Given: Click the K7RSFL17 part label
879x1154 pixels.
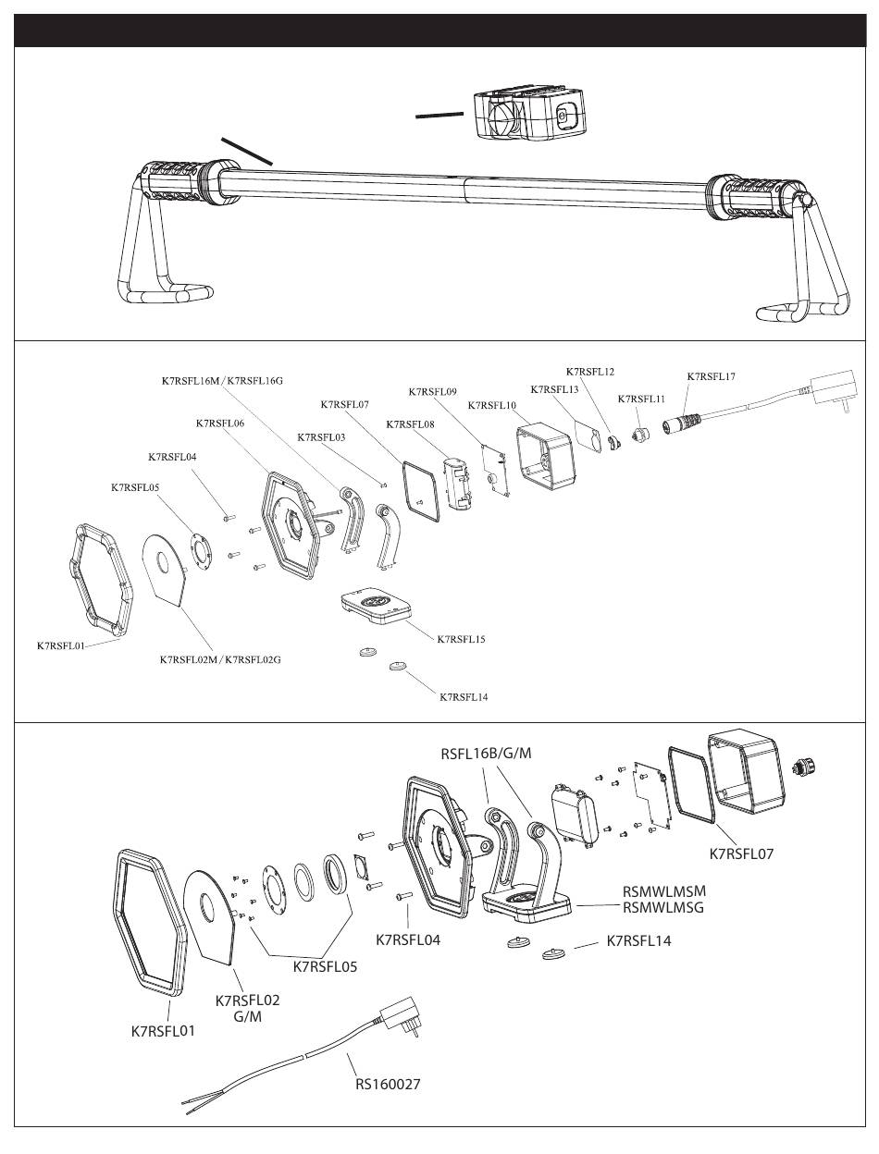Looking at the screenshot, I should point(711,376).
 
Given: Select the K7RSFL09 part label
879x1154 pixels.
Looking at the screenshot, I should point(433,392).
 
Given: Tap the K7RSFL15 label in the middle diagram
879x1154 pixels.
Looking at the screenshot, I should point(461,639).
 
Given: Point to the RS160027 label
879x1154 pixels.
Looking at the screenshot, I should point(388,1084).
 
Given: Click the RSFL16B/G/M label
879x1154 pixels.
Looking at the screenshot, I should point(486,753).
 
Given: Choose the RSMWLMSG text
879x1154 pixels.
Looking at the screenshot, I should point(663,907).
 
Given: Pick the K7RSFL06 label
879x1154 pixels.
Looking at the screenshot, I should point(220,423).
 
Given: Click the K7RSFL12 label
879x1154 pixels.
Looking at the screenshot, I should point(590,372).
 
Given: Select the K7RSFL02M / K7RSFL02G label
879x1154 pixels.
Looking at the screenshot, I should point(220,659).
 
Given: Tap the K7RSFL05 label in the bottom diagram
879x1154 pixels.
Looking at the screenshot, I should point(325,967).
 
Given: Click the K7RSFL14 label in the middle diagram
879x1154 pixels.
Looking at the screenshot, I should point(464,696).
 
